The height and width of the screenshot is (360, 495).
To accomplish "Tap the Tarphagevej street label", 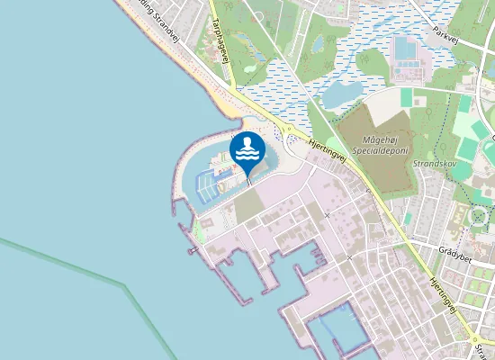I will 219,44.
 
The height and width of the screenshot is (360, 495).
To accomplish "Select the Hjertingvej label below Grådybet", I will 445,296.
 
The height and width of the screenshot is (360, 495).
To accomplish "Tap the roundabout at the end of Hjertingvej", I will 474,340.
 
